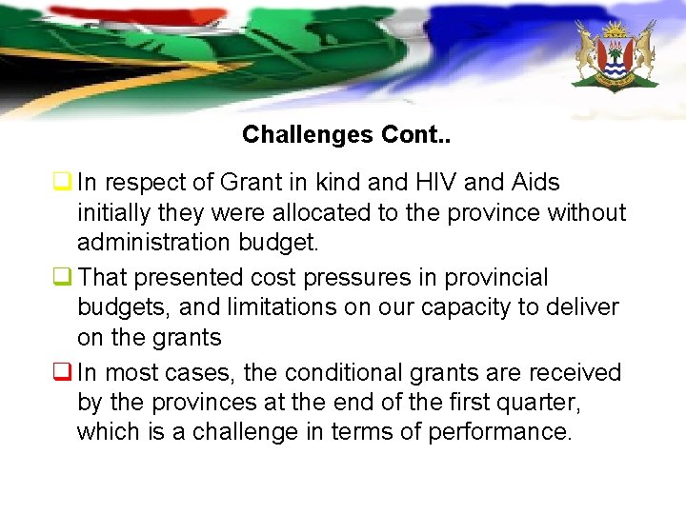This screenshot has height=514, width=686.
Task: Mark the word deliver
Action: tap(584, 307)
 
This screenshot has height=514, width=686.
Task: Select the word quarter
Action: tap(538, 403)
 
